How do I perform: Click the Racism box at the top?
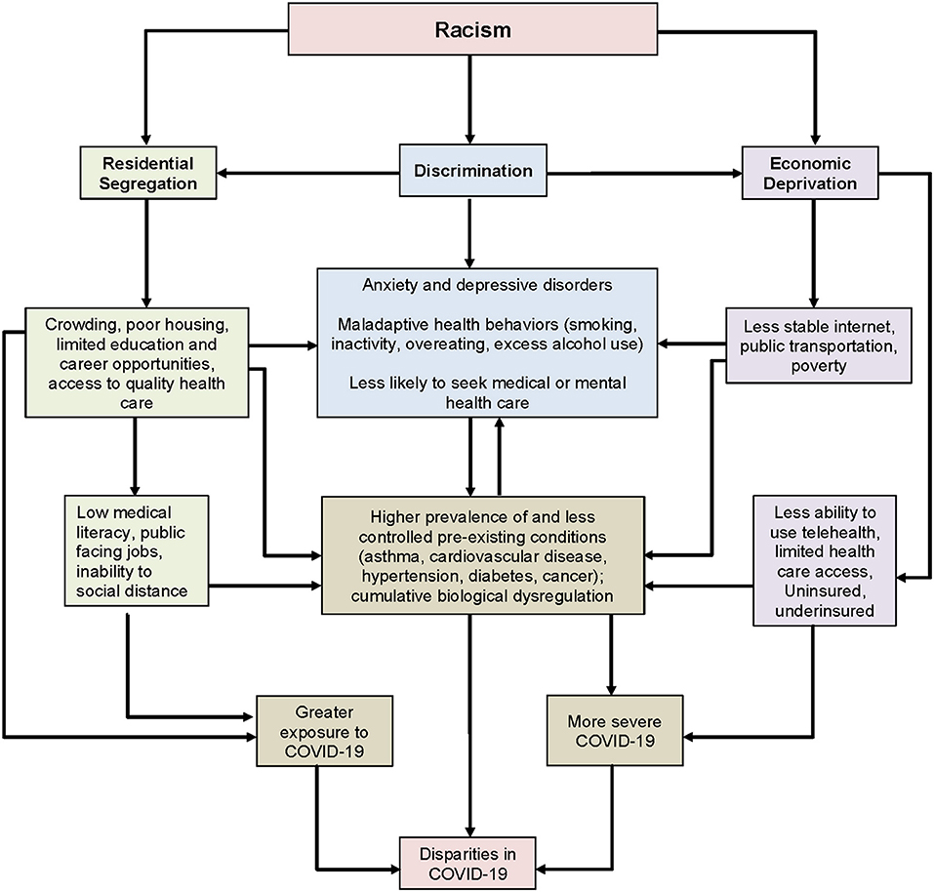click(471, 28)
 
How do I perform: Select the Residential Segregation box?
click(145, 173)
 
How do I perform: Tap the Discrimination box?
click(471, 172)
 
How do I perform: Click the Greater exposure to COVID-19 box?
click(325, 731)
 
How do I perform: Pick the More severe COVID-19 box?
click(614, 731)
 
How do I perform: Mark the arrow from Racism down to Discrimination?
click(471, 98)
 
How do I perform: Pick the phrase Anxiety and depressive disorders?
click(471, 286)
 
